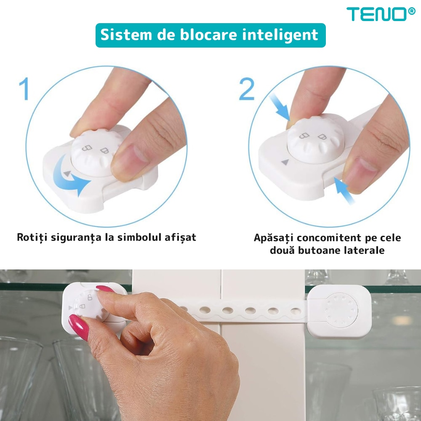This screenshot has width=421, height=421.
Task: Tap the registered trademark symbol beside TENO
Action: pos(411,11)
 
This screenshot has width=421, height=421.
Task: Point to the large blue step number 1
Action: pos(24,89)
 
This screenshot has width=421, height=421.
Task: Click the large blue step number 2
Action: pos(247,89)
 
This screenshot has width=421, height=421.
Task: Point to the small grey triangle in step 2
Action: pos(285,162)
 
